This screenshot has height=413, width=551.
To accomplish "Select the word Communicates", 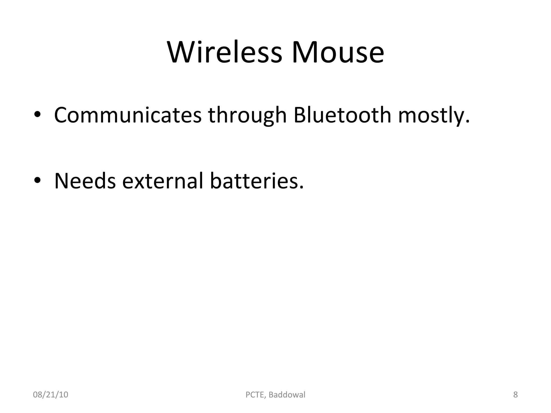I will [x=128, y=115].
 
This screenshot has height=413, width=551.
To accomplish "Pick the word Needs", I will [x=85, y=181].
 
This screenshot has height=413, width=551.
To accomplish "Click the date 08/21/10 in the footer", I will [x=51, y=395].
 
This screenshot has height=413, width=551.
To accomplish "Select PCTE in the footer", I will [x=256, y=395].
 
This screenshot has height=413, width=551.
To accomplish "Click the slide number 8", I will [x=515, y=395].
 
